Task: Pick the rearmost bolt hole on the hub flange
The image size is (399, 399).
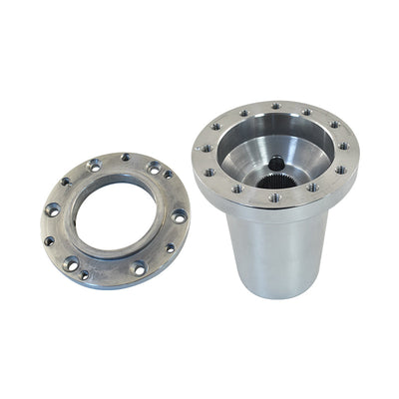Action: pyautogui.click(x=276, y=106)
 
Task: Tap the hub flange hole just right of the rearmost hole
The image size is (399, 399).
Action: pyautogui.click(x=306, y=112)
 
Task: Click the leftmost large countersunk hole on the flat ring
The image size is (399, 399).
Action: pyautogui.click(x=53, y=208)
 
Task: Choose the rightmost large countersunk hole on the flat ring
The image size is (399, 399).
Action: pyautogui.click(x=179, y=215)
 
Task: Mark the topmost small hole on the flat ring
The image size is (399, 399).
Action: pyautogui.click(x=125, y=157)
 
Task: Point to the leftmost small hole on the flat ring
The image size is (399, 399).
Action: pyautogui.click(x=48, y=240)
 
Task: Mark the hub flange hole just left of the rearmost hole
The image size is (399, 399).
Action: pyautogui.click(x=242, y=113)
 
